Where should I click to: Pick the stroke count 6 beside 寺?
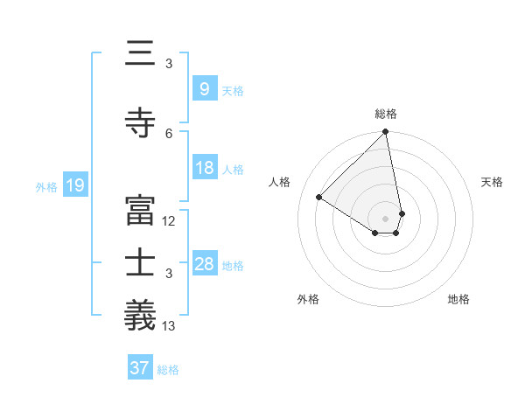[169, 133]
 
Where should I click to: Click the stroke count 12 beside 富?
[169, 220]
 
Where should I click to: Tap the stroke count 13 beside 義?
[169, 326]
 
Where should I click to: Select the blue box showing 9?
[204, 89]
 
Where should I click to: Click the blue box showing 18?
[204, 168]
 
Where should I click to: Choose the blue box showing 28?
[204, 264]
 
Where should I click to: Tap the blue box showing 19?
[74, 185]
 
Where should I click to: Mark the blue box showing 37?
[139, 368]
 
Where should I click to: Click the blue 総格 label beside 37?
[168, 370]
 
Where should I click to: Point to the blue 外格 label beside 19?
[46, 186]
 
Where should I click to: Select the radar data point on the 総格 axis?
[385, 133]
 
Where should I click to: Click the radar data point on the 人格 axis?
[319, 198]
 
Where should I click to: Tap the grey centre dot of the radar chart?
[385, 218]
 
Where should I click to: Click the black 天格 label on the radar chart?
[492, 182]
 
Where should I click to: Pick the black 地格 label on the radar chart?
[458, 299]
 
